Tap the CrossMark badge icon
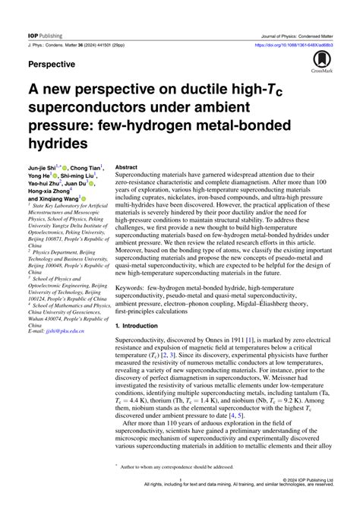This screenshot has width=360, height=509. (x=327, y=62)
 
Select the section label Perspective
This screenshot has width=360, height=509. (x=56, y=65)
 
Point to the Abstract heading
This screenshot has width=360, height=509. (x=126, y=166)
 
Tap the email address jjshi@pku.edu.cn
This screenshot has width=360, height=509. (x=66, y=310)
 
